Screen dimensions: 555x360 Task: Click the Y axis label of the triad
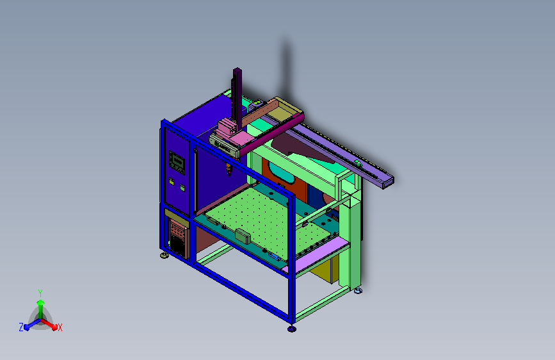40,293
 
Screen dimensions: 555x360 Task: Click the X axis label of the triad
60,328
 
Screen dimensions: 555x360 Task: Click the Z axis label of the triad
21,327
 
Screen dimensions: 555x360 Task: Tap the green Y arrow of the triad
41,309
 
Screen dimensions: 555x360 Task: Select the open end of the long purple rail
388,183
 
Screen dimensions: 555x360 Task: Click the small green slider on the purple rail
358,163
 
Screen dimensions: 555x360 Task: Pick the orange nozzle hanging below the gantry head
229,168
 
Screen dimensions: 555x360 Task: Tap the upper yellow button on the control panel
172,181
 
